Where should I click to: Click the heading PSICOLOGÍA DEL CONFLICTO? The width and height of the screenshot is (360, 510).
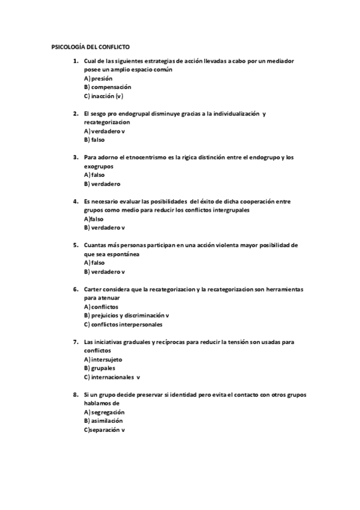point(90,46)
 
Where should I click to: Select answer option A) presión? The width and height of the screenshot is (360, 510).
point(98,78)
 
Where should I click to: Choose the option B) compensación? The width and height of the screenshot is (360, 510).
point(108,87)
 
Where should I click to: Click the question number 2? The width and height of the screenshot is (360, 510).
point(75,113)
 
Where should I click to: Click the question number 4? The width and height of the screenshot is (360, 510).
point(75,201)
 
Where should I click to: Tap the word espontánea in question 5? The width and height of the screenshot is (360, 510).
point(120,254)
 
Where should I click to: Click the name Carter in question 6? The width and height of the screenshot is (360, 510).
point(94,289)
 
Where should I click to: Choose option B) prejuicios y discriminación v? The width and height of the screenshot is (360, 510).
point(126,315)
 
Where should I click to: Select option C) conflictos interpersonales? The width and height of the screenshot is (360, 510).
point(123,324)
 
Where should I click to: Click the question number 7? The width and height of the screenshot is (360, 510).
point(75,342)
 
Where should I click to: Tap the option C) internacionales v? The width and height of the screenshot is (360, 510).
point(112,377)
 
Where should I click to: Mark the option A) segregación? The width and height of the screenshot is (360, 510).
point(104,413)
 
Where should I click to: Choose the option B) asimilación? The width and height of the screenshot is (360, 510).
point(103,421)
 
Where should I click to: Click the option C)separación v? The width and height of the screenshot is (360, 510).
point(105,430)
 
